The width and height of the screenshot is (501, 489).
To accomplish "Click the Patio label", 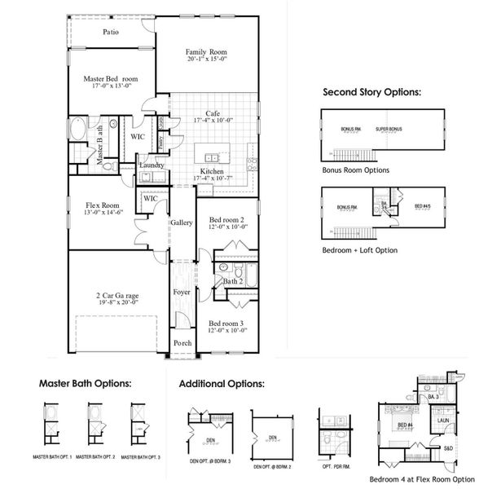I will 112,33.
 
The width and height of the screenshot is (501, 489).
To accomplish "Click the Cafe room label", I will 213,112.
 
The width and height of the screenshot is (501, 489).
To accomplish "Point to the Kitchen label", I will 213,171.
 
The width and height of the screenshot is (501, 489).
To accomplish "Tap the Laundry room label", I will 152,165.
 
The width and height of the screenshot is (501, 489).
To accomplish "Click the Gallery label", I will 181,222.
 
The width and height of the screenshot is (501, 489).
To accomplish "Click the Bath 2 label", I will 233,281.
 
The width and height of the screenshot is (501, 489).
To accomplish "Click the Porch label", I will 182,343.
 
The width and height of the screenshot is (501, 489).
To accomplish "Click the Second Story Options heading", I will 371,92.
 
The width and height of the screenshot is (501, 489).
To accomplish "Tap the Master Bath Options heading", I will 86,382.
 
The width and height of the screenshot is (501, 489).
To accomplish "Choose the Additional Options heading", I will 222,383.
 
